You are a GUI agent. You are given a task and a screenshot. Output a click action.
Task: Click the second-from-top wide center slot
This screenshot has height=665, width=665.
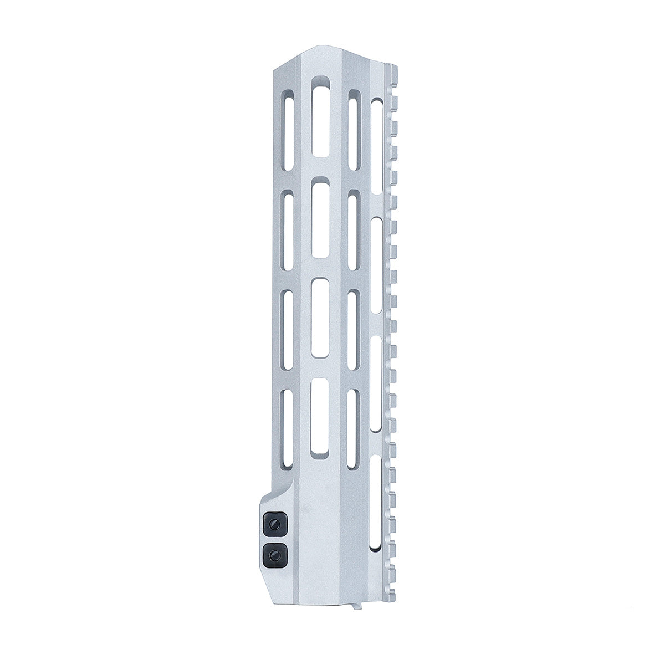click(x=320, y=216)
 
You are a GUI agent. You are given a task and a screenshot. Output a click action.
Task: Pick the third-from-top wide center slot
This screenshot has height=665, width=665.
click(x=320, y=317)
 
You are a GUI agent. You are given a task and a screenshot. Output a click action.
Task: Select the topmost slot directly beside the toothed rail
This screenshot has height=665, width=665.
click(x=376, y=147)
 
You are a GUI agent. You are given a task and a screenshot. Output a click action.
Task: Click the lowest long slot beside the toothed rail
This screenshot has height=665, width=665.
click(x=376, y=502)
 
